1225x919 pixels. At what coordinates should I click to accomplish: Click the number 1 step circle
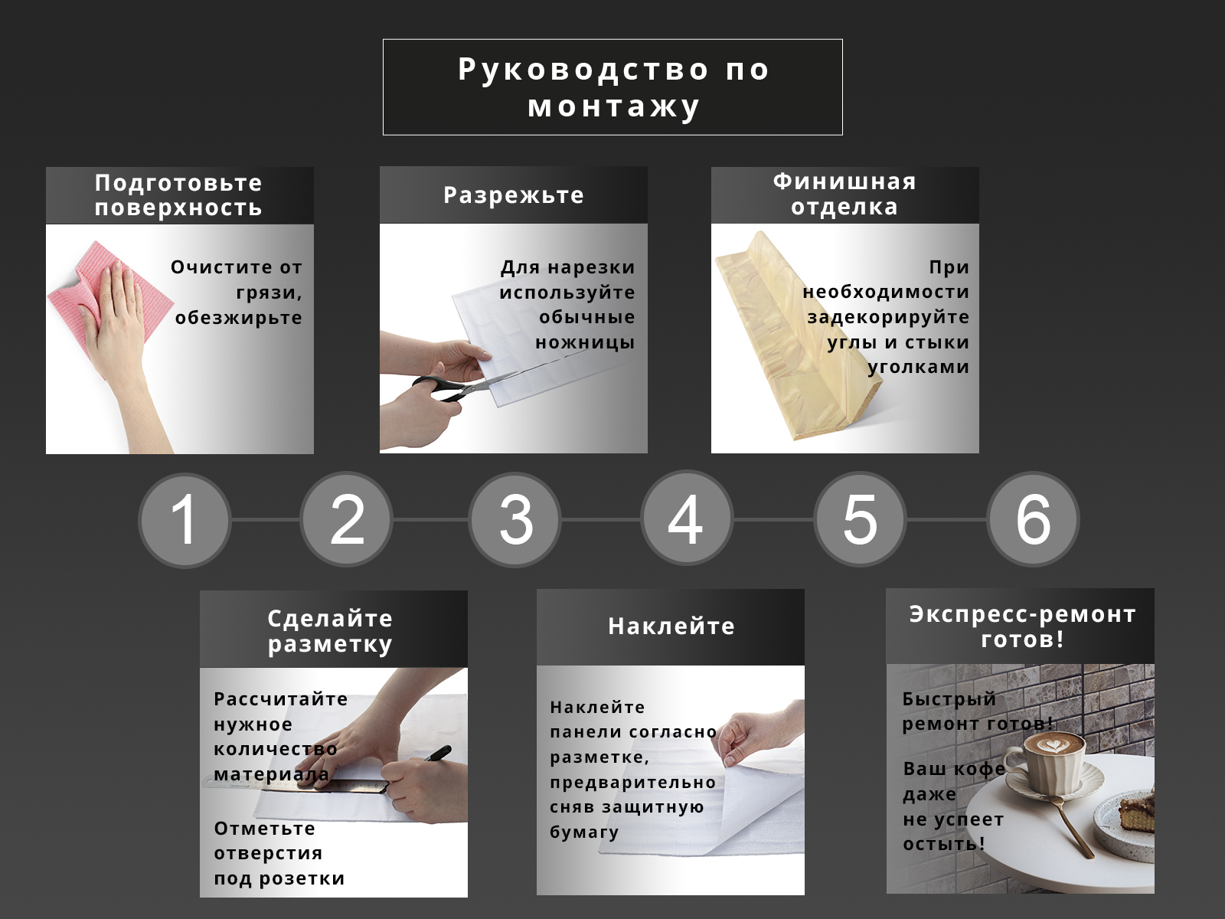coord(185,521)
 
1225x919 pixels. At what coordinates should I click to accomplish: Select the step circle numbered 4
coord(687,518)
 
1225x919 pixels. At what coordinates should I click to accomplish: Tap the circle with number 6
coord(1033,519)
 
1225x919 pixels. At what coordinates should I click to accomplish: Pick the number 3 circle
coord(515,520)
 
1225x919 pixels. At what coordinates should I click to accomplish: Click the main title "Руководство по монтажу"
coord(613,87)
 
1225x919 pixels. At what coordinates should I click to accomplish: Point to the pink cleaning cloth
coord(100,301)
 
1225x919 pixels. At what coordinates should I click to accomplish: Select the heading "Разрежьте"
coord(514,195)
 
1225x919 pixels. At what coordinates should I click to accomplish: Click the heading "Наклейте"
coord(671,626)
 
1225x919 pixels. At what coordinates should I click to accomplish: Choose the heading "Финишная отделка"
coord(844,195)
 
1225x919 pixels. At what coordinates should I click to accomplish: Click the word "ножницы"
coord(586,342)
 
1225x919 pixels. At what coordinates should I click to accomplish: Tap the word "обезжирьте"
coord(238,318)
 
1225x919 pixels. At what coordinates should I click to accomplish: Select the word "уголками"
coord(919,367)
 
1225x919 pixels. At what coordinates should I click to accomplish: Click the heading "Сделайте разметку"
coord(330,631)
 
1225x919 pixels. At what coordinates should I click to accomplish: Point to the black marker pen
coord(437,754)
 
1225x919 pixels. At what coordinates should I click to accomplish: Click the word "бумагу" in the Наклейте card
coord(584,832)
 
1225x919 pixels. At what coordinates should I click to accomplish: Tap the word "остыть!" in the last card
coord(944,844)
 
